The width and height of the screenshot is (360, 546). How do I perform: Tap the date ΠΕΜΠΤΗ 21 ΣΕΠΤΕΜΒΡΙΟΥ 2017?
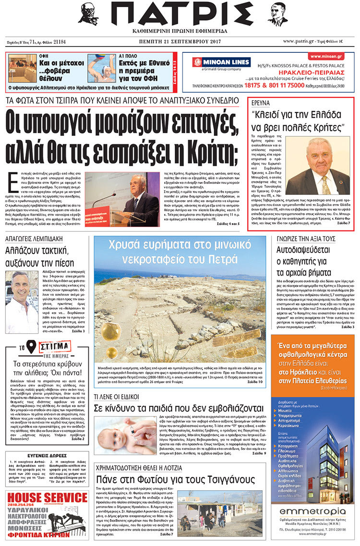(x=180, y=42)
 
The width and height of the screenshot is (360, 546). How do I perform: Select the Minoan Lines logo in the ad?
(x=221, y=62)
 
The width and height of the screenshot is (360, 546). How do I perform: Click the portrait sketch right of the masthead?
(x=277, y=14)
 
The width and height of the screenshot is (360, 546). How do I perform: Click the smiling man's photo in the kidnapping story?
(x=21, y=302)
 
